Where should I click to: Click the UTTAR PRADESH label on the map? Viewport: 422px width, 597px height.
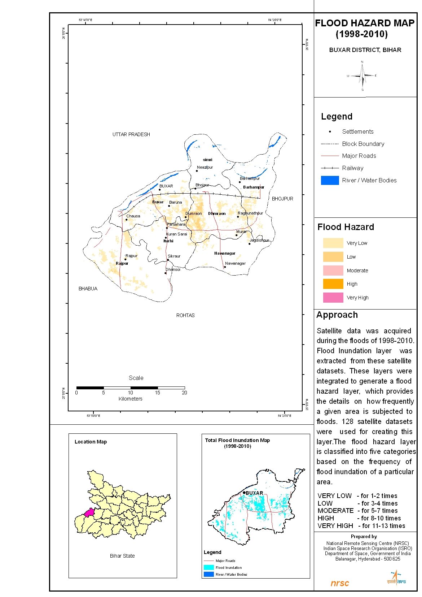click(x=131, y=134)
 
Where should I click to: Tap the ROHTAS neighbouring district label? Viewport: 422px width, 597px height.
click(x=185, y=315)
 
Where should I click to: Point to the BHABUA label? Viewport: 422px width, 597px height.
click(x=88, y=289)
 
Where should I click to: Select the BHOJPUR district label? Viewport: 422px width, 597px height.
click(x=282, y=199)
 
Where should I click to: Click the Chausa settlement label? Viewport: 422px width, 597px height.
click(x=133, y=216)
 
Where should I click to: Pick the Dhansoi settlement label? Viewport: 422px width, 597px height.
click(x=173, y=269)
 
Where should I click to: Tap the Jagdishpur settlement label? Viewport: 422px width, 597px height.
click(x=259, y=240)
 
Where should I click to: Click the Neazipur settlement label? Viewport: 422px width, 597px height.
click(x=205, y=167)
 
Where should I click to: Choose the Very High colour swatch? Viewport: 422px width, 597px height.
click(x=333, y=298)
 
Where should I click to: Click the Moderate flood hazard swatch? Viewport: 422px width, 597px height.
click(x=333, y=271)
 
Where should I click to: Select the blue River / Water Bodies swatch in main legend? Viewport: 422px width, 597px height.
click(x=330, y=180)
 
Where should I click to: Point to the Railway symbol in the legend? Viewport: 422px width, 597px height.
click(x=330, y=168)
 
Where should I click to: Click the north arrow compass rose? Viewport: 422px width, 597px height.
click(x=362, y=76)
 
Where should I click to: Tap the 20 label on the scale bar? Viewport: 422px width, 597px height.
click(x=184, y=393)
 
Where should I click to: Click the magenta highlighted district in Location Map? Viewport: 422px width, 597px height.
click(x=89, y=512)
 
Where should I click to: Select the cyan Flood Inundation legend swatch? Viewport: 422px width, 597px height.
click(x=208, y=567)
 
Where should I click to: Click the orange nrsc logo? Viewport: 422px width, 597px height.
click(x=340, y=583)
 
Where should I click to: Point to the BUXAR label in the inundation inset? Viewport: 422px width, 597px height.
click(x=254, y=493)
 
